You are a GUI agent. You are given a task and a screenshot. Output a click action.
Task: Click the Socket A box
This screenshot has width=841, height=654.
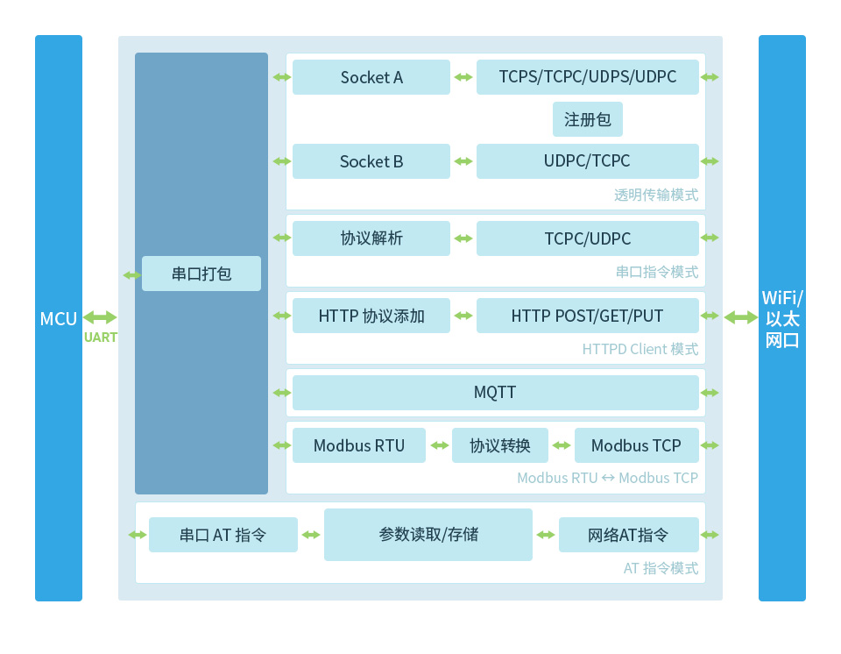371,77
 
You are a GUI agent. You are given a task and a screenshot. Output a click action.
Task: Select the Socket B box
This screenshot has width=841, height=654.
371,161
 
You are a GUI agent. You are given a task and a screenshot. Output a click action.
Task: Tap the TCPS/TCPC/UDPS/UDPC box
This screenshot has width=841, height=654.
588,77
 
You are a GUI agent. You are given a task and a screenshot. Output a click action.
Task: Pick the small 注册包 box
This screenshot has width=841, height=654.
588,119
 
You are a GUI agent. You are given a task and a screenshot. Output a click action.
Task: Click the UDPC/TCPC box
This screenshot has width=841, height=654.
588,161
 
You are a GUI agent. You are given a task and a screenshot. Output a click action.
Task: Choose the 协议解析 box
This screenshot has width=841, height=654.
371,238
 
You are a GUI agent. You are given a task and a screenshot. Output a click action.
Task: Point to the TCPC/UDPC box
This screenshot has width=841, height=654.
588,238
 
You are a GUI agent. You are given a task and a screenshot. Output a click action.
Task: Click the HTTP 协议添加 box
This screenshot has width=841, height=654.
371,316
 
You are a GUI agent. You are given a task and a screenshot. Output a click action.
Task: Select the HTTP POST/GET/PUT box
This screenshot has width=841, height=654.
588,316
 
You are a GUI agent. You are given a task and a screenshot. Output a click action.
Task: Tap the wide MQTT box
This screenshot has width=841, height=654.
495,393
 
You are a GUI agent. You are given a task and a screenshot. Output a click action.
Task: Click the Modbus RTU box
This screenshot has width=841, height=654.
359,445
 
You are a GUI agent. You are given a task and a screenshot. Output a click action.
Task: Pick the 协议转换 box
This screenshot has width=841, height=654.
500,445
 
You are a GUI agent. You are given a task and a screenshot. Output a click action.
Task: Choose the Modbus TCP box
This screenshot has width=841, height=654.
636,445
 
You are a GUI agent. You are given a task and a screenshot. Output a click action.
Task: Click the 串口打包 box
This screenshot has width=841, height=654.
201,274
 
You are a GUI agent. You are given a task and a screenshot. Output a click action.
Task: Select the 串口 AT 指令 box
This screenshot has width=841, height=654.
223,535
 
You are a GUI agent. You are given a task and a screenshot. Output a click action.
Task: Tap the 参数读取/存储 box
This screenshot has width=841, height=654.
428,535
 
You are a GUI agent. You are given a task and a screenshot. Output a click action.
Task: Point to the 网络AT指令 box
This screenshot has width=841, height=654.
628,535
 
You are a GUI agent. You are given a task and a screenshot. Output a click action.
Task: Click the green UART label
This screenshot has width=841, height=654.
101,338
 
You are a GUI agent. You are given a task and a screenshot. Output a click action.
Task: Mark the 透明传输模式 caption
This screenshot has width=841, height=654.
656,195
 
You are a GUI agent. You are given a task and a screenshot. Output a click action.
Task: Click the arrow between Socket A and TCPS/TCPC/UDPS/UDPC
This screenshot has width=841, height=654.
463,77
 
